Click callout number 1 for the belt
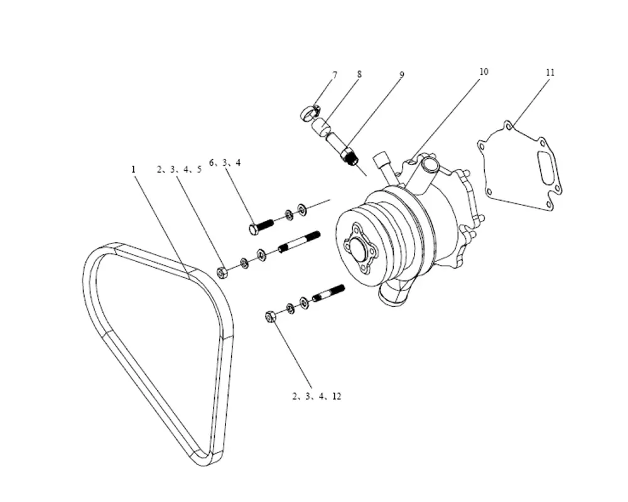click(134, 169)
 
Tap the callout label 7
click(335, 75)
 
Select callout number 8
click(359, 74)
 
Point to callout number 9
click(402, 75)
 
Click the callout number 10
click(484, 72)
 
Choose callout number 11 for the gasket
click(550, 72)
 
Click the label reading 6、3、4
click(225, 163)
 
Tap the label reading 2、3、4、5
click(179, 169)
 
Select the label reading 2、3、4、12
click(317, 397)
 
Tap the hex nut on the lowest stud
click(271, 316)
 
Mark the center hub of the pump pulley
click(358, 250)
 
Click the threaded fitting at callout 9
click(349, 156)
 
